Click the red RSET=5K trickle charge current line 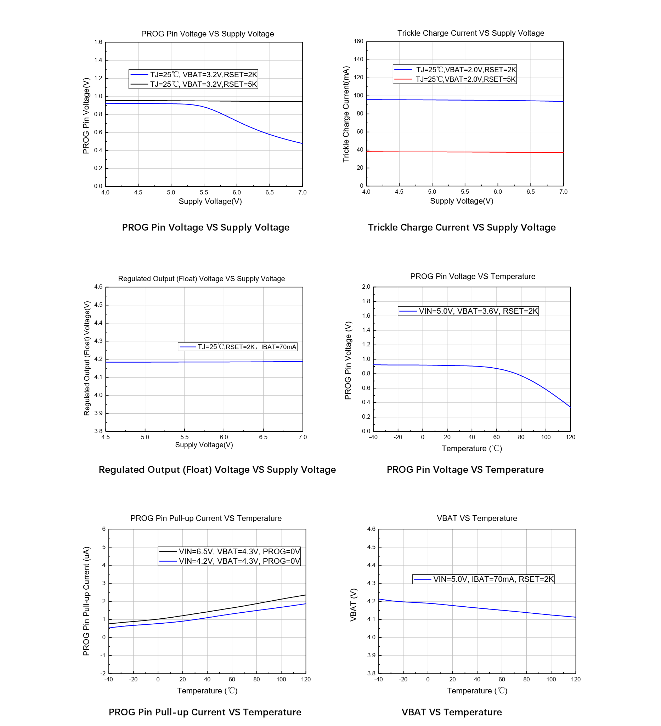(465, 152)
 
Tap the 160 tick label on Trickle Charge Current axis (358, 41)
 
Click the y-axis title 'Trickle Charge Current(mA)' (346, 114)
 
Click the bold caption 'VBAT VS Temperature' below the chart (451, 712)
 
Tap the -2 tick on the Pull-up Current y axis (103, 673)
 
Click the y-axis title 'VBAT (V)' (354, 605)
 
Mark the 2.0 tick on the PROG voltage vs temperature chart (366, 287)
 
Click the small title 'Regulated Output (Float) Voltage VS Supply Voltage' (201, 279)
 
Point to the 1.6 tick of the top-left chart (98, 42)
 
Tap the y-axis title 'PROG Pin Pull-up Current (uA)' (86, 601)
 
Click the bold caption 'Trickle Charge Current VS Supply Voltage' (462, 228)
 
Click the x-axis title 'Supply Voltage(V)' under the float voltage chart (204, 445)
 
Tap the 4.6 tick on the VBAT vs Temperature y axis (371, 529)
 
